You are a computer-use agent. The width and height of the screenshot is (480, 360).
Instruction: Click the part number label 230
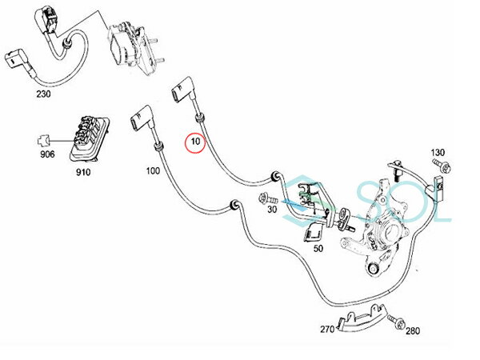pos(43,94)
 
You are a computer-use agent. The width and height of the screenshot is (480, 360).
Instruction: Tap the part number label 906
pos(47,154)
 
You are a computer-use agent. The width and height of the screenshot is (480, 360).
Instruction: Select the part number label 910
pos(83,171)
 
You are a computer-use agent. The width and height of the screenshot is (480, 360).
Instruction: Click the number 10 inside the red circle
pos(195,142)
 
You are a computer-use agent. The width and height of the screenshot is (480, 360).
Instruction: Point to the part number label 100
pos(152,171)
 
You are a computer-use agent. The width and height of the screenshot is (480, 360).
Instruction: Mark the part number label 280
pos(414,329)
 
